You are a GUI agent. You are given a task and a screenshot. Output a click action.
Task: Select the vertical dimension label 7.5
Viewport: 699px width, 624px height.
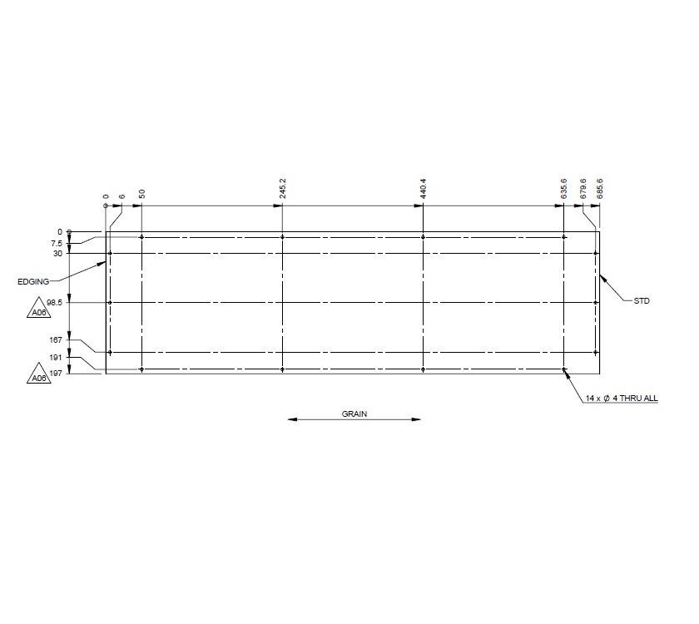[x=56, y=243]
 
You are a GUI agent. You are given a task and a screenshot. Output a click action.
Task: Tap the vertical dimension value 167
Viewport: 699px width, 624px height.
[x=56, y=339]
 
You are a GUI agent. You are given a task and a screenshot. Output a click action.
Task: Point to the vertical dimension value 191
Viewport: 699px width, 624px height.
[x=56, y=358]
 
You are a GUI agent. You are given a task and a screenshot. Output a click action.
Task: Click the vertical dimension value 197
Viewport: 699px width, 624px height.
[x=56, y=374]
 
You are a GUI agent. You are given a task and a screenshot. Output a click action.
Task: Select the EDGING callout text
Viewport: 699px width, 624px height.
[x=32, y=282]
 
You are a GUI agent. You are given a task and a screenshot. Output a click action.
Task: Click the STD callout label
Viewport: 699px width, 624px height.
[x=641, y=301]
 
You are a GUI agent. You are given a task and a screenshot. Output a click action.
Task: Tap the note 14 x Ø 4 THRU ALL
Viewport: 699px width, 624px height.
[x=622, y=399]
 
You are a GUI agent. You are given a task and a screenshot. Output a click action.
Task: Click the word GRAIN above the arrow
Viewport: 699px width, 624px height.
[x=354, y=413]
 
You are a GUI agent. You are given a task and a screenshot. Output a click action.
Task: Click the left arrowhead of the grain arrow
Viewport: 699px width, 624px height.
[x=292, y=420]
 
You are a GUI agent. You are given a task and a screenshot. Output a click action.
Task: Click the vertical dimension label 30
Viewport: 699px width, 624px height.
[x=57, y=253]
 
